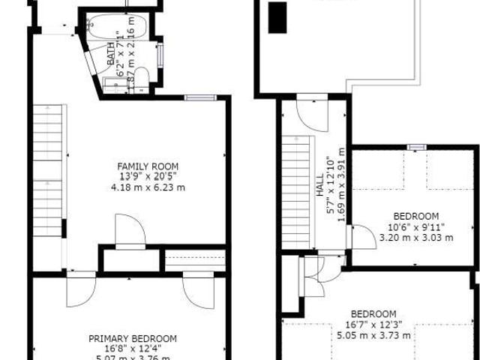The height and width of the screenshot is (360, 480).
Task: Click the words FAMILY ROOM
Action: [x=148, y=166]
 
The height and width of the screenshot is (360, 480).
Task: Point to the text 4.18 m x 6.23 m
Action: [x=148, y=187]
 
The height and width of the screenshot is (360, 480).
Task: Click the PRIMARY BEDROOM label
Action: [x=133, y=338]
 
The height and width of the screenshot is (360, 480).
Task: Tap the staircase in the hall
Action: [x=295, y=191]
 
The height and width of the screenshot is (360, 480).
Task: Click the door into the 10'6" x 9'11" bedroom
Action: [x=362, y=237]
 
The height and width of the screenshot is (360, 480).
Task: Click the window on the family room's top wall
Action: [x=200, y=97]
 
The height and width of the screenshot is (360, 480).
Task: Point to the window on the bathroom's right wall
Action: [x=160, y=55]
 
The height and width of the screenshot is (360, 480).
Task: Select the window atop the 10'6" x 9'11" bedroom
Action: [x=416, y=146]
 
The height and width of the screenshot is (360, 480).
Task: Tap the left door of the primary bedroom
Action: [x=80, y=289]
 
